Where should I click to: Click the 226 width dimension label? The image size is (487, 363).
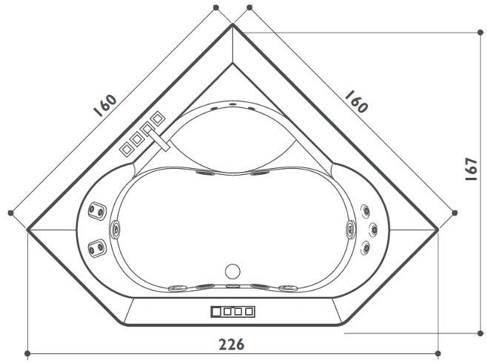point(231,344)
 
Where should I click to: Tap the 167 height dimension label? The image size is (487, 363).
point(471,169)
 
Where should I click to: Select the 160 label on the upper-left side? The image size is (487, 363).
point(106,105)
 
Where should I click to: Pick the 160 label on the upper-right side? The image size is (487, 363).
point(355,101)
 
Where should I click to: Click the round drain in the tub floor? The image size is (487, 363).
point(232,270)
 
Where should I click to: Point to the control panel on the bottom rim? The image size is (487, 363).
point(232,311)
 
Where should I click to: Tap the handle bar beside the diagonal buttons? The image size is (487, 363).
point(156,138)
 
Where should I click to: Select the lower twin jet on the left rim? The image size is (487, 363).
point(95,247)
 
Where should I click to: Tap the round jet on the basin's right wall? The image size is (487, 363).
point(348,229)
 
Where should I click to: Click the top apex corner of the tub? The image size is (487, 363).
point(232,24)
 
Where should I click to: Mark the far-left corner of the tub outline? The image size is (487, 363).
point(27,230)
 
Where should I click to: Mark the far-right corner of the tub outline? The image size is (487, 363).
point(438,230)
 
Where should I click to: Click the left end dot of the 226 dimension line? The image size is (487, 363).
point(27,353)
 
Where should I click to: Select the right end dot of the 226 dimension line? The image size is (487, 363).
point(438,353)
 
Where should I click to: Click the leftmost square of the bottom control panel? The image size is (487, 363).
point(215,311)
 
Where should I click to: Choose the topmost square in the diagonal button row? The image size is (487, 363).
point(158,117)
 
